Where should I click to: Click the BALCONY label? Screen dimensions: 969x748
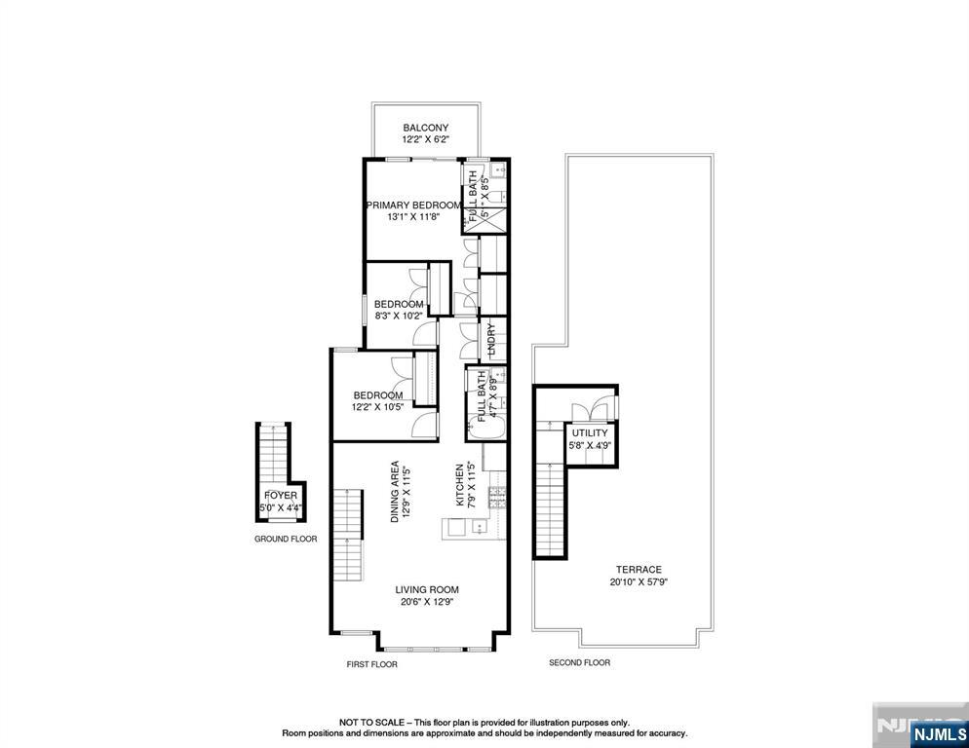coord(426,128)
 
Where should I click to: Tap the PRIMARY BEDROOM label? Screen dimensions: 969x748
coord(413,206)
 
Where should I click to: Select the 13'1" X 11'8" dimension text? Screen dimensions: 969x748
coord(413,217)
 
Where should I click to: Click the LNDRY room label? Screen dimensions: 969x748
coord(492,339)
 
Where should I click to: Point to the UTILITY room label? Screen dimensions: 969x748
coord(590,433)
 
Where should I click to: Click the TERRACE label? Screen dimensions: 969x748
coord(639,570)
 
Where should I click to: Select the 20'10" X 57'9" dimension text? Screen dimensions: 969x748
coord(639,581)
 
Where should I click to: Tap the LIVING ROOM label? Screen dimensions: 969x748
coord(427,590)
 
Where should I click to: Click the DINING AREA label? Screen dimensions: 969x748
coord(395,492)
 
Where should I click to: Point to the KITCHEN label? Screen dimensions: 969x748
coord(460,485)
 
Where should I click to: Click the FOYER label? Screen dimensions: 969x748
coord(281,496)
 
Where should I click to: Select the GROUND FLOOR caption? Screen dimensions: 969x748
coord(286,540)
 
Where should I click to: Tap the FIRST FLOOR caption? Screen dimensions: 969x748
coord(371,664)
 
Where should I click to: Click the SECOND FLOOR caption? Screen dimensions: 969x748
coord(580,662)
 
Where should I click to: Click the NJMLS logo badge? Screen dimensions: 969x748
coord(938,733)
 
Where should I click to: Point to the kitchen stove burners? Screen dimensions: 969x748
coord(497,498)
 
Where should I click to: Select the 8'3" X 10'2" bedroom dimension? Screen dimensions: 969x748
coord(399,316)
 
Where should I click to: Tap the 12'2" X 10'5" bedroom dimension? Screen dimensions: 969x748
coord(377,407)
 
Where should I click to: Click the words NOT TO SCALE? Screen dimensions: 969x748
coord(371,722)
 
